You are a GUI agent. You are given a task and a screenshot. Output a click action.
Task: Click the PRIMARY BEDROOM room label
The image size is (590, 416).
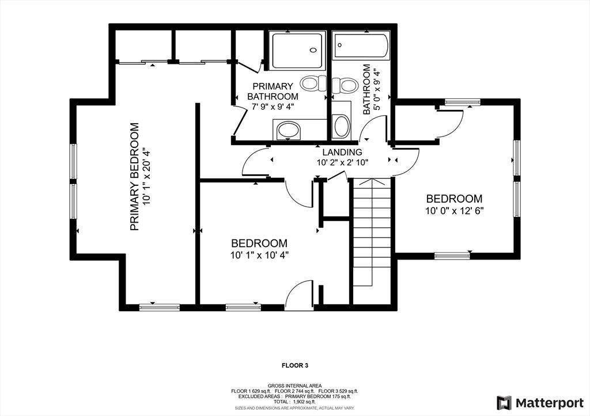pos(134,176)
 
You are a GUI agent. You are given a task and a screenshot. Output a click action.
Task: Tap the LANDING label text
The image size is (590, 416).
pos(342,152)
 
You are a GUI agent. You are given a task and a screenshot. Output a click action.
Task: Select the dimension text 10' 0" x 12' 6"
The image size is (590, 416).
pos(454,211)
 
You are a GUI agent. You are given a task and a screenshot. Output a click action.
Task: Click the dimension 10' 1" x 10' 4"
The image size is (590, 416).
pos(259,255)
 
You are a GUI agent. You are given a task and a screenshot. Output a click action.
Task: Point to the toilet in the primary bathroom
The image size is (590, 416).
pos(315,83)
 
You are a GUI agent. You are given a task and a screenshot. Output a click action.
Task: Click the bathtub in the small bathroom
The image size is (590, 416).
pos(361,46)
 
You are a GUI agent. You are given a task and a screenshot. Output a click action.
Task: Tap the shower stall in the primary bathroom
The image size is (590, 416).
pos(297,51)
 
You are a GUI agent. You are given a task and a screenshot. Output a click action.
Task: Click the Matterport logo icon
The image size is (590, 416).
pos(504,403)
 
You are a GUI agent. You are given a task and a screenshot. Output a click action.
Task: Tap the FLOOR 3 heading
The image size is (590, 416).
pos(295,365)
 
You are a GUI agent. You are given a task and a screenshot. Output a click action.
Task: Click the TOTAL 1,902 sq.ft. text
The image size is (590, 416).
pos(295,402)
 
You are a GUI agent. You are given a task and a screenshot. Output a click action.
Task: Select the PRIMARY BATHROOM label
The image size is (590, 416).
pos(273,91)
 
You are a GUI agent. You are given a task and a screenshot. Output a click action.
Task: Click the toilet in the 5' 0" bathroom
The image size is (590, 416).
pos(345,86)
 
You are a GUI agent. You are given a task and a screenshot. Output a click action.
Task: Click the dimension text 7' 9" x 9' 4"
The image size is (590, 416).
pos(273,106)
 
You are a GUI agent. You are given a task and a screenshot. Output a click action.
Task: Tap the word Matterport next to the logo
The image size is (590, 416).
pos(549,403)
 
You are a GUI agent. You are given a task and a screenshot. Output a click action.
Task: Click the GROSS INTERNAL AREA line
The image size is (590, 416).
pos(294,386)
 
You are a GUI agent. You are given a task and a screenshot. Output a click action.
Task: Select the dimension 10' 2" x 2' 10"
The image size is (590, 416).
pos(342,162)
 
